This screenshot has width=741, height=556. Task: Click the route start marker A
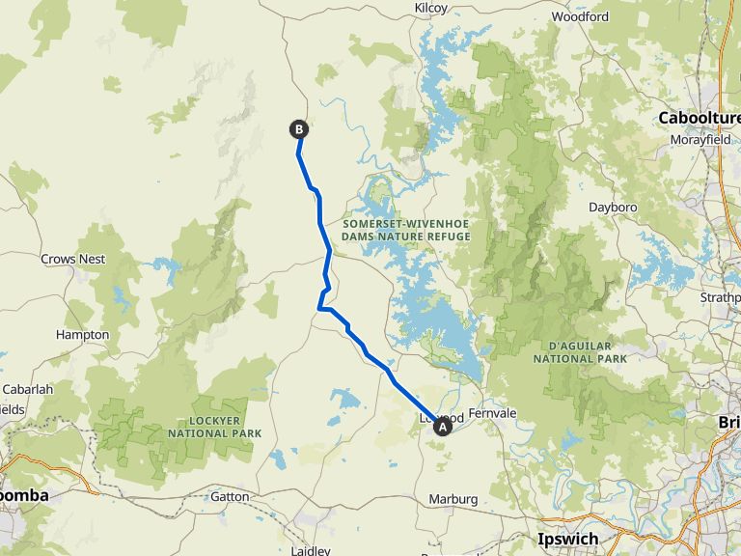pyautogui.click(x=443, y=426)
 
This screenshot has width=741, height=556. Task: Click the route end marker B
pyautogui.click(x=299, y=128)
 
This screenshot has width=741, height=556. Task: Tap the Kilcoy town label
pyautogui.click(x=431, y=8)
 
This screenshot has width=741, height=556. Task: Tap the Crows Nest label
pyautogui.click(x=73, y=259)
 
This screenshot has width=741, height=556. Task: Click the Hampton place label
pyautogui.click(x=83, y=334)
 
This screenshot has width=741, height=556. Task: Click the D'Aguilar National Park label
pyautogui.click(x=581, y=351)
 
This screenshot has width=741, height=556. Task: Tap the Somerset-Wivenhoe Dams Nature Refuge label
pyautogui.click(x=406, y=229)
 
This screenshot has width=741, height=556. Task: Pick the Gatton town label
pyautogui.click(x=230, y=496)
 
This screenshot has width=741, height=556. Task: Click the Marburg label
pyautogui.click(x=453, y=499)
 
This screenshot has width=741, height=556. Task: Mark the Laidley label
pyautogui.click(x=311, y=550)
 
